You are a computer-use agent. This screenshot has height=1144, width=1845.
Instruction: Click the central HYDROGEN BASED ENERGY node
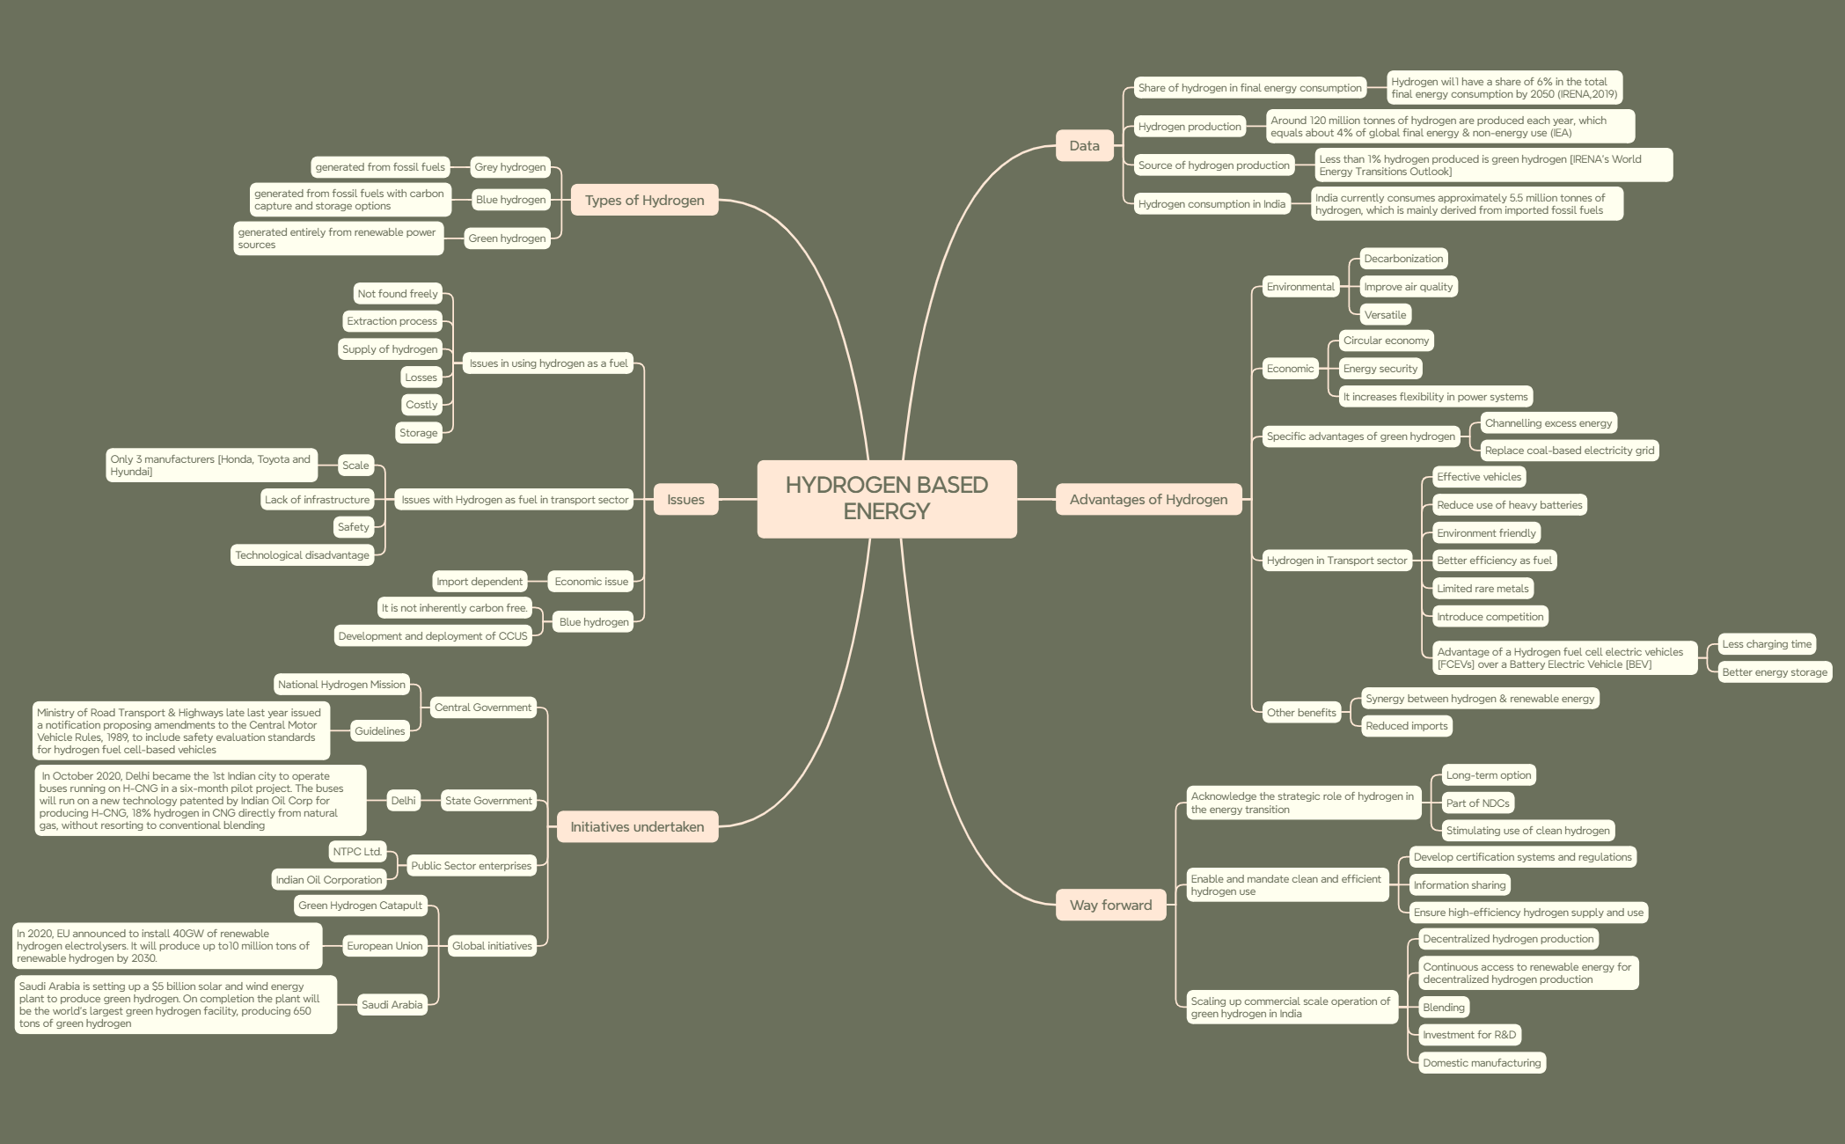point(887,498)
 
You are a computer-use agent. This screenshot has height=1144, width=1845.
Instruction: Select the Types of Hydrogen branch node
point(645,200)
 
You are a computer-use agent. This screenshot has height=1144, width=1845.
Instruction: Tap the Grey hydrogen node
point(510,167)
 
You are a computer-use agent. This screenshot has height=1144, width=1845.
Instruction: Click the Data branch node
point(1084,145)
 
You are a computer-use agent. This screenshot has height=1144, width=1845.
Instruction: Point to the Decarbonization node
point(1403,259)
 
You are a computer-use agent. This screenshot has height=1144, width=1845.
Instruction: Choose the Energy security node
point(1380,369)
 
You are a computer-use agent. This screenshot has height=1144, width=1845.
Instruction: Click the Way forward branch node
point(1110,905)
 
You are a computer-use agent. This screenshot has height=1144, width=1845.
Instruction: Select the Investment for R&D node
point(1469,1035)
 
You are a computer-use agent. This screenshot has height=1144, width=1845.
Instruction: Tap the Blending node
point(1444,1008)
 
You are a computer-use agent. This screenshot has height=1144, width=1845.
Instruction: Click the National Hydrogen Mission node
point(341,685)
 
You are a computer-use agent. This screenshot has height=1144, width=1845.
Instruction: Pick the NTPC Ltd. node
point(357,852)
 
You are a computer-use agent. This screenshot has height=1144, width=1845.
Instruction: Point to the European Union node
point(384,946)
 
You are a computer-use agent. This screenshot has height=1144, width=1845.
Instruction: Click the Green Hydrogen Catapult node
point(360,906)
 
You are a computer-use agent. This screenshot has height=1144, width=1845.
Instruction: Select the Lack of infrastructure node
point(317,500)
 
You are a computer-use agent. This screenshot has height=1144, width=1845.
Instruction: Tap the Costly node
point(421,405)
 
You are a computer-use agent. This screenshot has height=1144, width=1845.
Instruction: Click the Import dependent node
point(480,582)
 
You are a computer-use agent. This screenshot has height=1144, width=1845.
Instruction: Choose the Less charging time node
point(1767,644)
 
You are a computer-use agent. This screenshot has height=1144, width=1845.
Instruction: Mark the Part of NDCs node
point(1477,803)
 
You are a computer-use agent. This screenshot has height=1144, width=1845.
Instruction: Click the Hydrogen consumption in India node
point(1212,204)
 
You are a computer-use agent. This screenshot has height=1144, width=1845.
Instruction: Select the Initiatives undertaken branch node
point(637,826)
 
